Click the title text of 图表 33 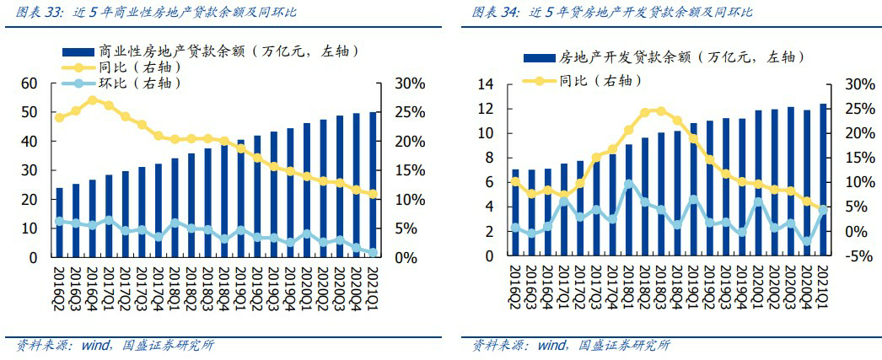pyautogui.click(x=156, y=13)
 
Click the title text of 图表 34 pyautogui.click(x=612, y=13)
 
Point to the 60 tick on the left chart pyautogui.click(x=30, y=83)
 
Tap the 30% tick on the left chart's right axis pyautogui.click(x=411, y=83)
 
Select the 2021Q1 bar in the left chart pyautogui.click(x=373, y=185)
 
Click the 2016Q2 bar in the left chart pyautogui.click(x=59, y=223)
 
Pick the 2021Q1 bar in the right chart pyautogui.click(x=823, y=180)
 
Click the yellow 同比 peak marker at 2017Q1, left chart pyautogui.click(x=93, y=99)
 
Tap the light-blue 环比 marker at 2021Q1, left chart pyautogui.click(x=373, y=252)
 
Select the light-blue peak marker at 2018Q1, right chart pyautogui.click(x=629, y=184)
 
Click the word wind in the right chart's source pyautogui.click(x=551, y=345)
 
